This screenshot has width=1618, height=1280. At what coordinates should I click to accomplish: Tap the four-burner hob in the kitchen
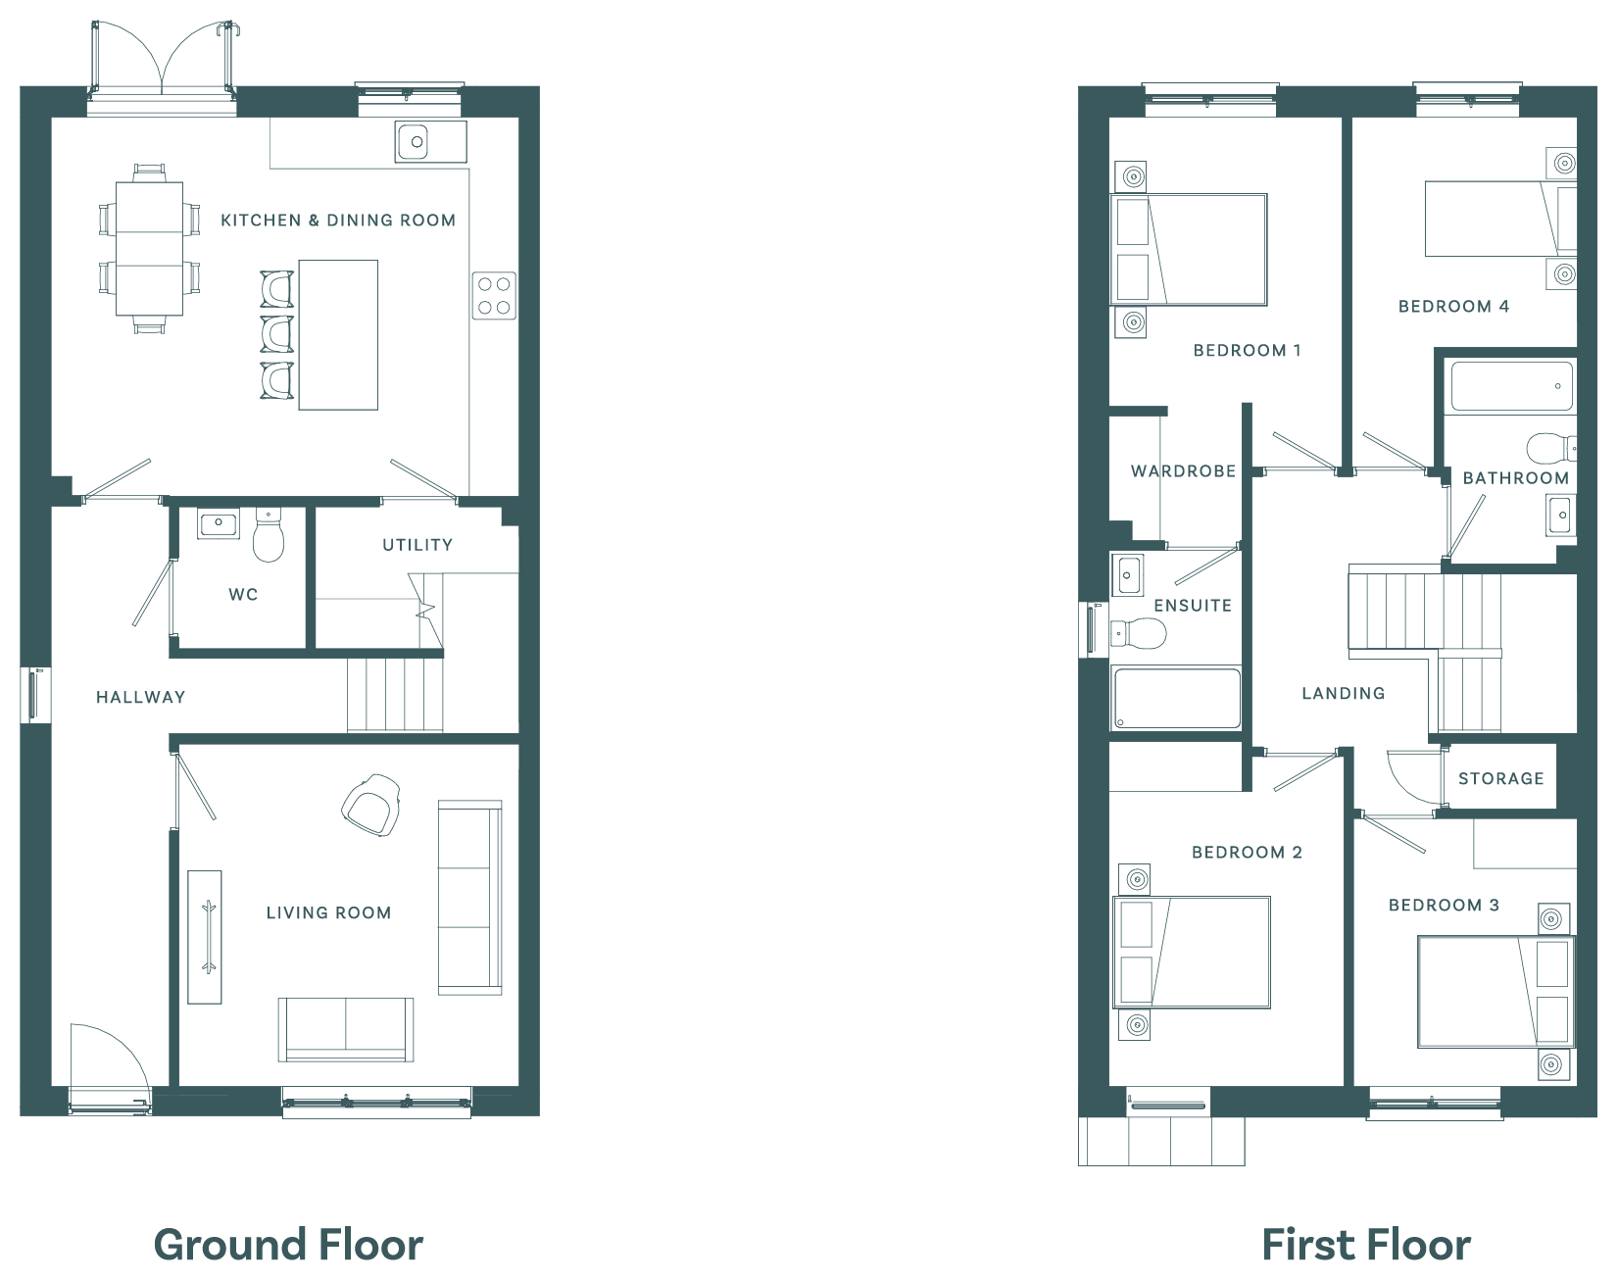[x=494, y=295]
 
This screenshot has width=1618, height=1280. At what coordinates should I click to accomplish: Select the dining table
[x=149, y=249]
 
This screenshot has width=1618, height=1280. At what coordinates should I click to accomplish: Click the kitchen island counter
[x=338, y=334]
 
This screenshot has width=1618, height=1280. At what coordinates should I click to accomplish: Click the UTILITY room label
[x=417, y=545]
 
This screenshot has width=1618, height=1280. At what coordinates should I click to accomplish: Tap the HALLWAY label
[x=140, y=697]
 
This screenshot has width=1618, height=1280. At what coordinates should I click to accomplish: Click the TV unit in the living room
[x=205, y=936]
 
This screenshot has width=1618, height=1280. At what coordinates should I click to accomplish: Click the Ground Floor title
[x=288, y=1245]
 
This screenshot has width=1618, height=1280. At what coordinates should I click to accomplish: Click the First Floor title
[x=1366, y=1245]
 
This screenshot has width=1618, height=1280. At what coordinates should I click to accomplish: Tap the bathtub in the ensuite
[x=1176, y=698]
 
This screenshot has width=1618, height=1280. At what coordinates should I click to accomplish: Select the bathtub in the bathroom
[x=1511, y=386]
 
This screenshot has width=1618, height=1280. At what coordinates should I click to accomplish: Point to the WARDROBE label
[x=1183, y=471]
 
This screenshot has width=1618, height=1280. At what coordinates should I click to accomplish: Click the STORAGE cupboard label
[x=1500, y=778]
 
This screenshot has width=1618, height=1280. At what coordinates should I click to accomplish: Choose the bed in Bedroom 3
[x=1495, y=992]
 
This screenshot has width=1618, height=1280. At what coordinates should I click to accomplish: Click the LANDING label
[x=1343, y=693]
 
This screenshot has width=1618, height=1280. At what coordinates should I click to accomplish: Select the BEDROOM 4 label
[x=1453, y=306]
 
